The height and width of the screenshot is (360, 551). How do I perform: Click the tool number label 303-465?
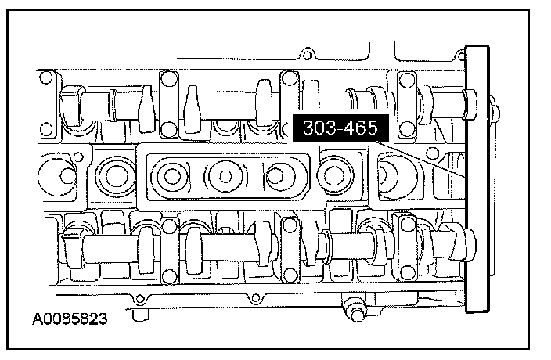click(x=340, y=128)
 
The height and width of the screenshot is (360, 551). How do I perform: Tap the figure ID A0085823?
click(x=70, y=319)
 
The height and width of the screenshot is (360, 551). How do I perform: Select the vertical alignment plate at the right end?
click(x=477, y=178)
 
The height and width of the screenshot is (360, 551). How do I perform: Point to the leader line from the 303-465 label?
click(x=420, y=159)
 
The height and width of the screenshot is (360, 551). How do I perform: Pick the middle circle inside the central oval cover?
click(x=225, y=176)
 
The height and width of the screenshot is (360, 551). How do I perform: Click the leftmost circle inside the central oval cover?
click(x=171, y=176)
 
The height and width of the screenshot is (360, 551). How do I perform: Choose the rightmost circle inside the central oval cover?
click(x=275, y=176)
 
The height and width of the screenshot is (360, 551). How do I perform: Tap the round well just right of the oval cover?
click(x=331, y=175)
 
